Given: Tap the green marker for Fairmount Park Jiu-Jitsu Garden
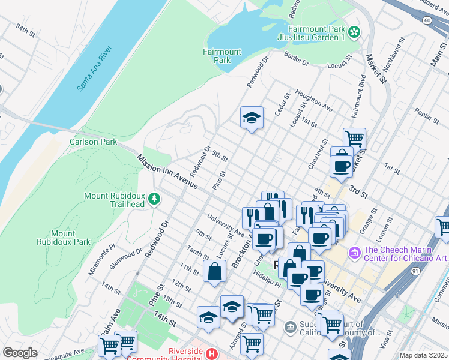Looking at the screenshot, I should point(354,31).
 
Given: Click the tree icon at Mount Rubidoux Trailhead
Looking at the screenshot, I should point(155,199).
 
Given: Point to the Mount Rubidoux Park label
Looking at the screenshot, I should point(71,238).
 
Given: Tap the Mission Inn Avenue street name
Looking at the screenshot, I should point(167,172).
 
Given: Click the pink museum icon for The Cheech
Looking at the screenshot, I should point(354,254).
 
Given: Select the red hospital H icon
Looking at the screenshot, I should point(211,354).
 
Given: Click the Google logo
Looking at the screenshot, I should point(20,353).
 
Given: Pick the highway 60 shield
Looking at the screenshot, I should point(427,20).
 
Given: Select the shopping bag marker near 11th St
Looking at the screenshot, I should point(214,271).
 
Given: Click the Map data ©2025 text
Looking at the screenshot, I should point(423,355).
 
